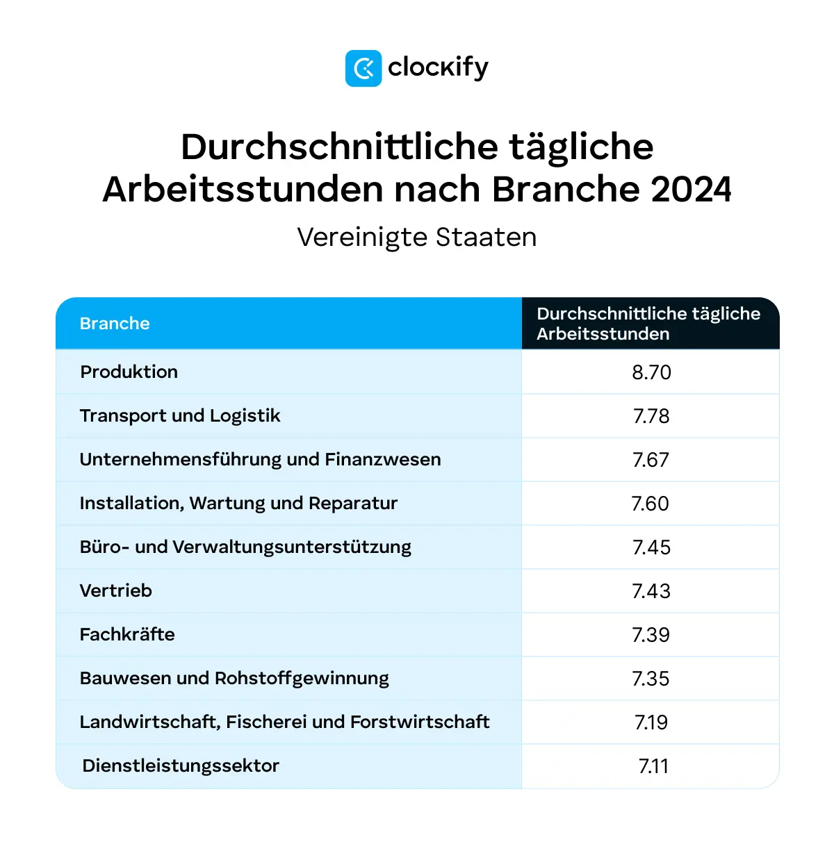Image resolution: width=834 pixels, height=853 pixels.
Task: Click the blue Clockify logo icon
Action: coord(363,68)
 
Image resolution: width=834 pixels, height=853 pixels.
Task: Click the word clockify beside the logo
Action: coord(438,68)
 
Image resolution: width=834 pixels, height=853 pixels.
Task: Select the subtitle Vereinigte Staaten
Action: coord(417,238)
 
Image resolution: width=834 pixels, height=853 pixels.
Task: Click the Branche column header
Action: coord(115,324)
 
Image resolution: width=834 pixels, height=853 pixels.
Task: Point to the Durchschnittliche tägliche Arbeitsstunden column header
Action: coord(648,324)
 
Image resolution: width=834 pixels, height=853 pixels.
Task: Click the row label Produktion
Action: coord(129,372)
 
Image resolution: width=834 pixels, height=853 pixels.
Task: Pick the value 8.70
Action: coord(651,372)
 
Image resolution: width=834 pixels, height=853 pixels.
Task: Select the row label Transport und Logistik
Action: coord(180,415)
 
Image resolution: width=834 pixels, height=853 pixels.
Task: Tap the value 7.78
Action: coord(651,416)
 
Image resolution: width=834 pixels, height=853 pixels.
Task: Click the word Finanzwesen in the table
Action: coord(383,459)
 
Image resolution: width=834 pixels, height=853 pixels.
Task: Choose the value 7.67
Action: coord(651,460)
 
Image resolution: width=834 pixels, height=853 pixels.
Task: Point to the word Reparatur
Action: coord(353,503)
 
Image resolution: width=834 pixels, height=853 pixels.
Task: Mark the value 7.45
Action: coord(651,547)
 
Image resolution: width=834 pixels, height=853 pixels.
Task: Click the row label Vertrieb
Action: coord(116,591)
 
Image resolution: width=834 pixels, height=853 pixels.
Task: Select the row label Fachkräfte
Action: coord(127,634)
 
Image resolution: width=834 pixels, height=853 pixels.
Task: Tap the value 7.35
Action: coord(651,679)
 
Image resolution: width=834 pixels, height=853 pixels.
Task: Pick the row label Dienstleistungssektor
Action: coord(181,765)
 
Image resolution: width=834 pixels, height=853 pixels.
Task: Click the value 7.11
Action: coord(653,766)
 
